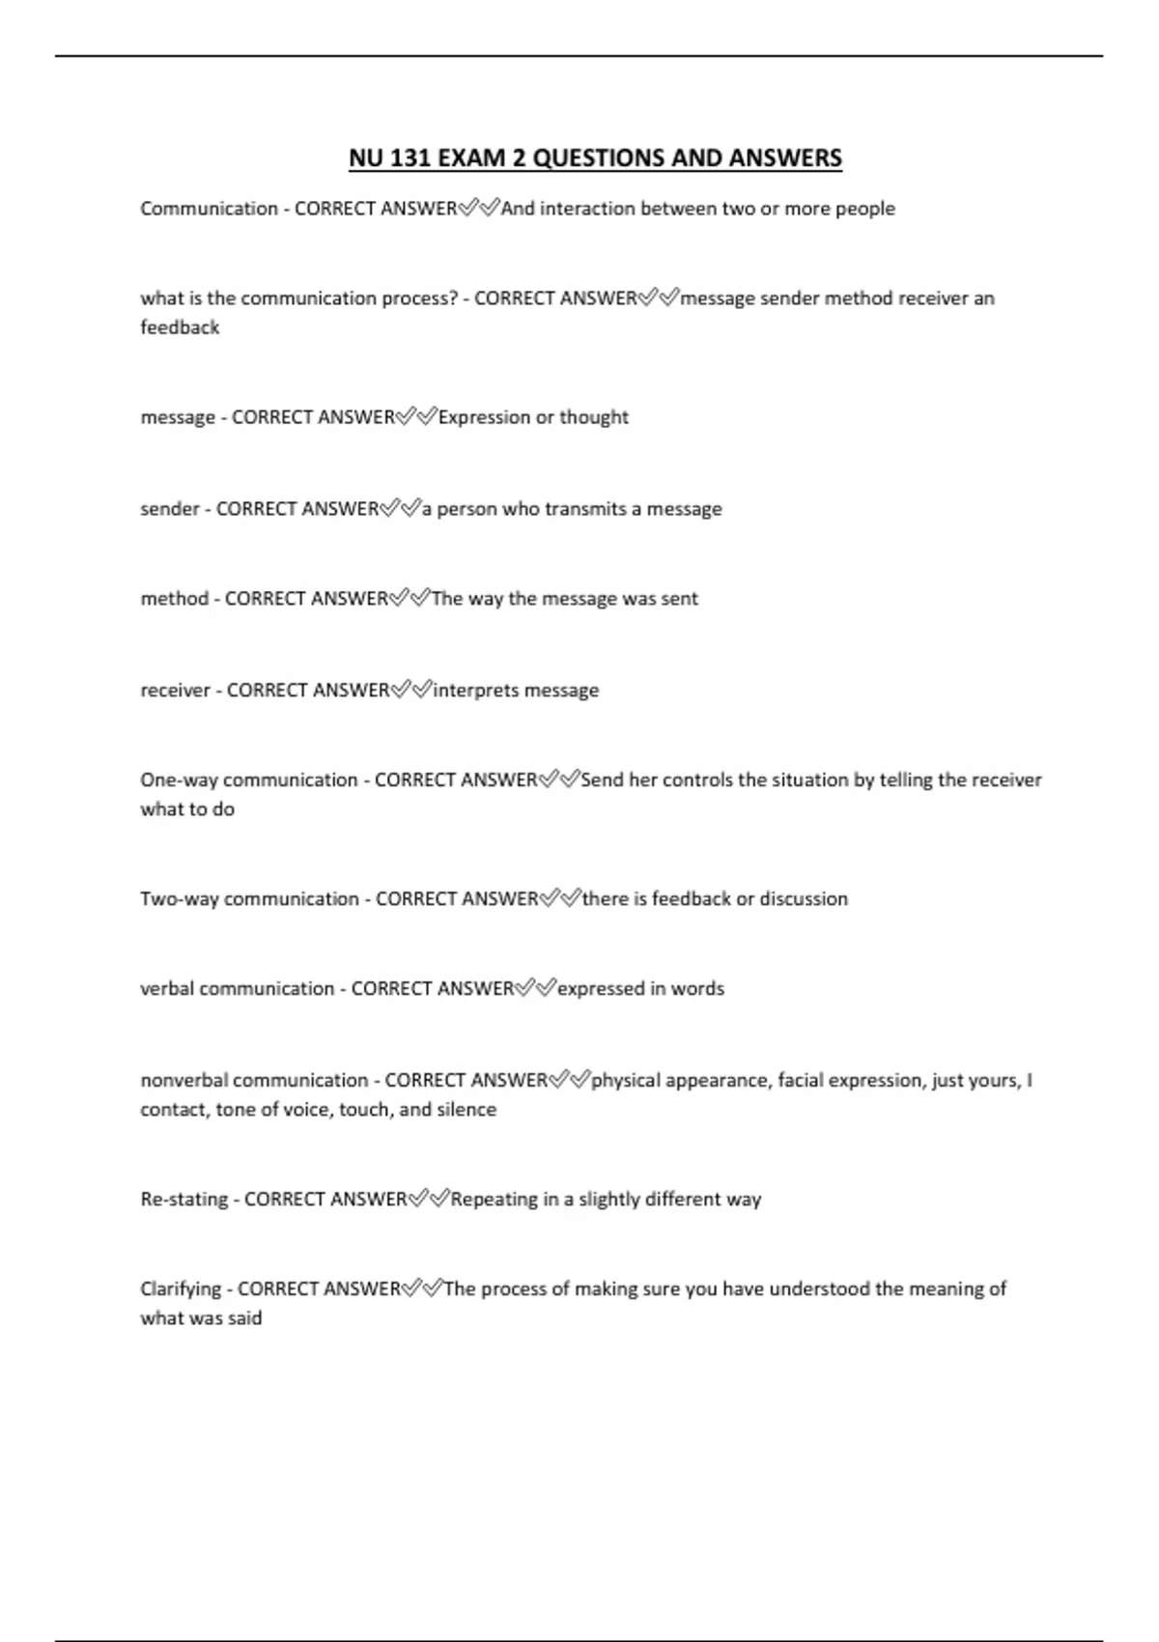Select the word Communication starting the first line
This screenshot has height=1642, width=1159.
(x=209, y=209)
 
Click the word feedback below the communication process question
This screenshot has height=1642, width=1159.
(x=180, y=327)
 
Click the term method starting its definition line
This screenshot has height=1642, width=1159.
(x=174, y=599)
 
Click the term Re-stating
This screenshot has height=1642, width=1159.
(x=184, y=1200)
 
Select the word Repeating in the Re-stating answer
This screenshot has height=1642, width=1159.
(x=494, y=1200)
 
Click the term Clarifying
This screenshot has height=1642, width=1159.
(x=181, y=1289)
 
